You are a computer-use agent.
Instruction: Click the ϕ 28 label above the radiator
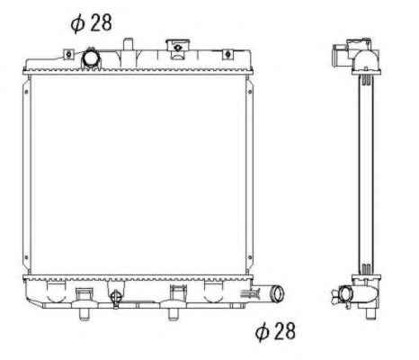click(91, 22)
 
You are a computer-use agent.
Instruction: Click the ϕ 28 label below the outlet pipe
click(275, 331)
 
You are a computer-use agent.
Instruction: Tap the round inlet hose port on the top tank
click(90, 58)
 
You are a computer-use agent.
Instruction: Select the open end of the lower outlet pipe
click(278, 293)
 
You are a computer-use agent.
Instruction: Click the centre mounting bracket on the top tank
click(178, 49)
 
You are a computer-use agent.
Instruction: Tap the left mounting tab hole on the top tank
click(68, 54)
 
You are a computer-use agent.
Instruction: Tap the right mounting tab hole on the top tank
click(227, 54)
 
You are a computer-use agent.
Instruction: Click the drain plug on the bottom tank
click(115, 298)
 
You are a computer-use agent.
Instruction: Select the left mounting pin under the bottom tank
click(85, 313)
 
